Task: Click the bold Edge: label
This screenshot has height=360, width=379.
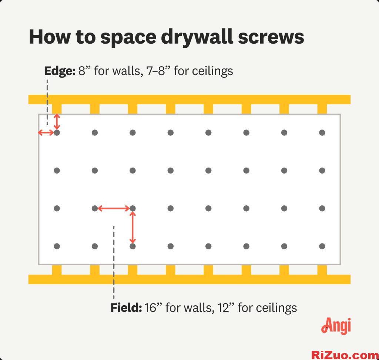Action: [x=60, y=71]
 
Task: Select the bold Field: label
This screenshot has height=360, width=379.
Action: [x=126, y=307]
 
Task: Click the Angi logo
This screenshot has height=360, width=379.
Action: [x=336, y=326]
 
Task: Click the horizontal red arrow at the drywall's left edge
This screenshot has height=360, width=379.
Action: [x=46, y=132]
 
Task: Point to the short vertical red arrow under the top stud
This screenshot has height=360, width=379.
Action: [x=57, y=121]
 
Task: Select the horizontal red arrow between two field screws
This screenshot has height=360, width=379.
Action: [x=114, y=209]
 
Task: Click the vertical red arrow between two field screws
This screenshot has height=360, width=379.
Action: [x=133, y=227]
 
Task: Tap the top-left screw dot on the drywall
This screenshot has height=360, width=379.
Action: [x=57, y=132]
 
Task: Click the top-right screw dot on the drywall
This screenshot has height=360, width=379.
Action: [x=322, y=132]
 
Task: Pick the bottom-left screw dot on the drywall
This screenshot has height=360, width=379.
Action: [x=57, y=246]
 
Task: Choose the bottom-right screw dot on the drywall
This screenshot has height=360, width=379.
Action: [x=322, y=246]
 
